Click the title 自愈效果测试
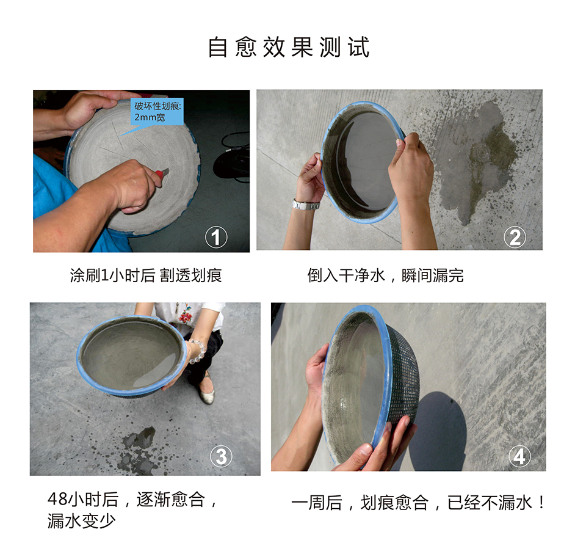(289, 47)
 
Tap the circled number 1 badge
(216, 237)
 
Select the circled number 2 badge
(515, 237)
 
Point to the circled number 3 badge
(221, 456)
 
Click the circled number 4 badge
(519, 456)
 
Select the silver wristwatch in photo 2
(306, 205)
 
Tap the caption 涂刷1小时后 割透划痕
(146, 275)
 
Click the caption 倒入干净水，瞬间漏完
(385, 275)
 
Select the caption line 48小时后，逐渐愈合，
(132, 500)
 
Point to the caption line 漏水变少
(81, 520)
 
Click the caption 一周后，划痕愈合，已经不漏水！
(418, 502)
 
